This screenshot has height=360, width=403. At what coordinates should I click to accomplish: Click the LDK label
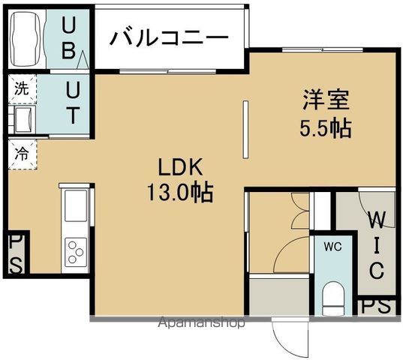tap(178, 166)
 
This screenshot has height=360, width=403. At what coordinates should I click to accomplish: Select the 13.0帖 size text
tap(178, 193)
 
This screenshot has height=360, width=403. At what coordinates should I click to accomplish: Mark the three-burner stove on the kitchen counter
tap(76, 250)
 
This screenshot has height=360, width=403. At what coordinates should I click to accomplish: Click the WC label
tap(332, 245)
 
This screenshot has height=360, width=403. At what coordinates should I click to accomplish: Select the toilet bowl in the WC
tap(331, 299)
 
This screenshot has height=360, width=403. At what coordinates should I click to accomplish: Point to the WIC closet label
tap(377, 244)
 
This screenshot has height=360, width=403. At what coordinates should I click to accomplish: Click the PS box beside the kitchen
tap(16, 253)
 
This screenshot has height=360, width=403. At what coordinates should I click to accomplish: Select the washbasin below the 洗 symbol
tap(23, 118)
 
